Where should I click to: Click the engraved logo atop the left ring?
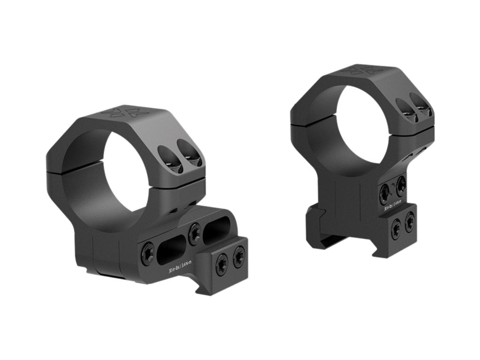[124, 112]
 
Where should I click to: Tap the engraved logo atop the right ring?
[361, 70]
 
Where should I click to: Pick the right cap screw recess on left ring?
[192, 157]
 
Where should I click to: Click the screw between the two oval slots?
[194, 233]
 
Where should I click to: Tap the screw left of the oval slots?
[147, 254]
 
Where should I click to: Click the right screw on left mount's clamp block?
[239, 257]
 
